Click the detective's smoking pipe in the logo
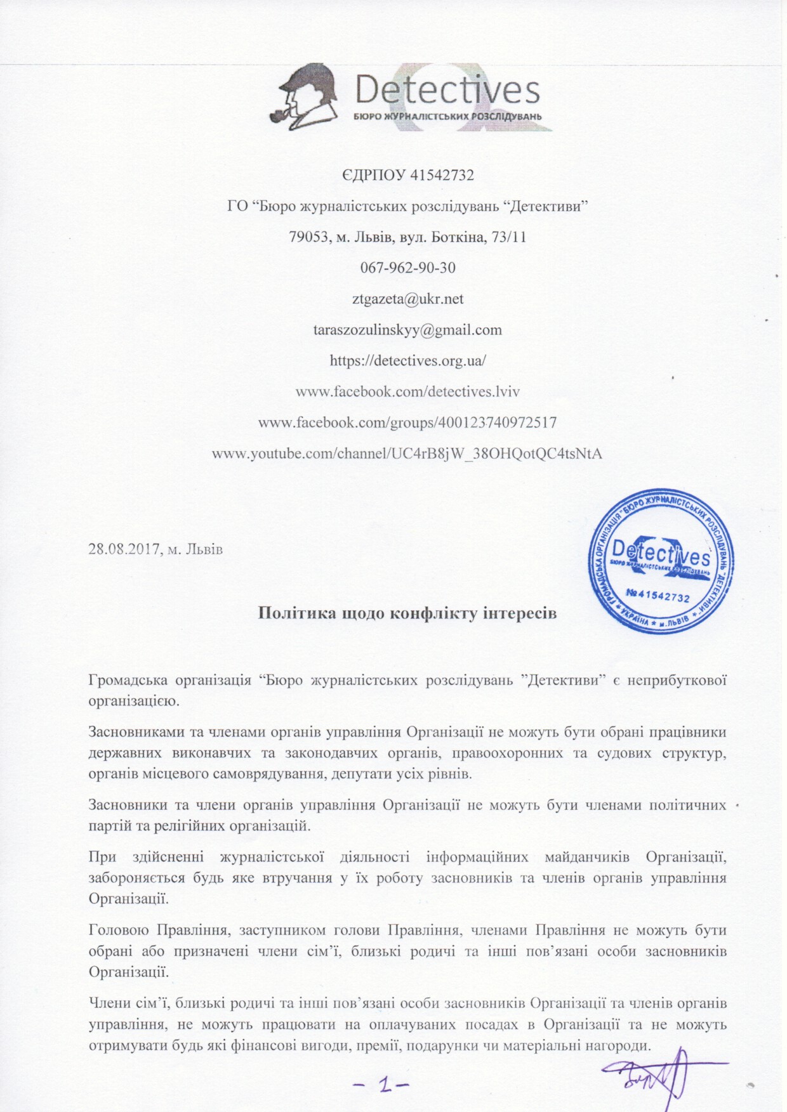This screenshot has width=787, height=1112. [279, 116]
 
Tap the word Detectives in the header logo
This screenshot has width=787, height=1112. [447, 91]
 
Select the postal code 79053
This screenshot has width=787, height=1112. [309, 237]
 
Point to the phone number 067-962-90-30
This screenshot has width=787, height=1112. [407, 268]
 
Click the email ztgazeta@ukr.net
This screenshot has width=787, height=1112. [407, 299]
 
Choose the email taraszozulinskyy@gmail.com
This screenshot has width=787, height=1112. [407, 330]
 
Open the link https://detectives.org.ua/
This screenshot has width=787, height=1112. [407, 361]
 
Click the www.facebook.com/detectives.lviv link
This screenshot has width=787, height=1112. [407, 391]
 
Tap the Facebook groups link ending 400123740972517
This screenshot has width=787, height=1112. [407, 422]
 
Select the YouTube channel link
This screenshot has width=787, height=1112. [407, 454]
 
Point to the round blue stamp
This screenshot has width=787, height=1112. [660, 561]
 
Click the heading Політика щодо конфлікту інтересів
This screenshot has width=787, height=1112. [407, 613]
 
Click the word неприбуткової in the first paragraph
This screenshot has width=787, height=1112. [677, 681]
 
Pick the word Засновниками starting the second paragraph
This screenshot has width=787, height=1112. [136, 732]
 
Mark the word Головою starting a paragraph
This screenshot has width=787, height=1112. [119, 931]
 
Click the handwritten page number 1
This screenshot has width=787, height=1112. [383, 1085]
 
